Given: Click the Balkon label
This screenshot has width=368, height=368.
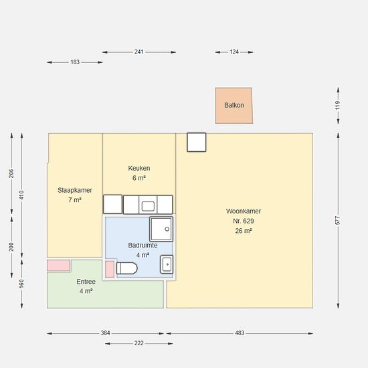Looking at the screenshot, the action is click(x=234, y=105).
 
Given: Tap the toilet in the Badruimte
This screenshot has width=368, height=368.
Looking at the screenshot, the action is click(x=126, y=268).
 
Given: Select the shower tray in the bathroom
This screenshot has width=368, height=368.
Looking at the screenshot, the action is click(x=161, y=229).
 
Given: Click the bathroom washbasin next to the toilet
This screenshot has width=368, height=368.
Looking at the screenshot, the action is click(x=167, y=264).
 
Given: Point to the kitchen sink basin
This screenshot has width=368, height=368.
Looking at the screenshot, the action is click(x=148, y=206).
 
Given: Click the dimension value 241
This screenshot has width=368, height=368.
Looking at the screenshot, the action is click(x=139, y=52).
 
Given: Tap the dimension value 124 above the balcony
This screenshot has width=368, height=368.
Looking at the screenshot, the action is click(x=234, y=52).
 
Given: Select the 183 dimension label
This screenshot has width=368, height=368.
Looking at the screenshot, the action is click(x=75, y=62).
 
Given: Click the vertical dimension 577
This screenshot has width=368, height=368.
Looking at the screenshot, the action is click(x=337, y=220).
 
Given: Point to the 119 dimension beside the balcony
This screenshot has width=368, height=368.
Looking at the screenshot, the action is click(x=337, y=105).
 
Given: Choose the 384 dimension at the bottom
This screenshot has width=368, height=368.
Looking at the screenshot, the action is click(x=105, y=333).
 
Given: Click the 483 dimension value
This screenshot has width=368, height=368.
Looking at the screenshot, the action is click(x=240, y=333).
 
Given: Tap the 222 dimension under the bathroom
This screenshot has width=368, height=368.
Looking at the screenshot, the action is click(x=139, y=343).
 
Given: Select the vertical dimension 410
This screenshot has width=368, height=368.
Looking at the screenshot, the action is click(x=21, y=195).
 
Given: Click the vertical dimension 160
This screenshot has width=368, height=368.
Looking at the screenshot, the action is click(x=21, y=284).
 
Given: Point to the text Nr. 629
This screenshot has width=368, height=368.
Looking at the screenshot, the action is click(x=244, y=221).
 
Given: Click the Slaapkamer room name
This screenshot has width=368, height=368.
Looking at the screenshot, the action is click(x=75, y=190).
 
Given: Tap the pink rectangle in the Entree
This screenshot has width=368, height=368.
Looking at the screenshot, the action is click(x=58, y=266).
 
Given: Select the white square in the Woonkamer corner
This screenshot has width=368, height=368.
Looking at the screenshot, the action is click(x=197, y=143).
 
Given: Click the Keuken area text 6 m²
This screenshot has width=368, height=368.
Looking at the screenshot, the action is click(x=139, y=178).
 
